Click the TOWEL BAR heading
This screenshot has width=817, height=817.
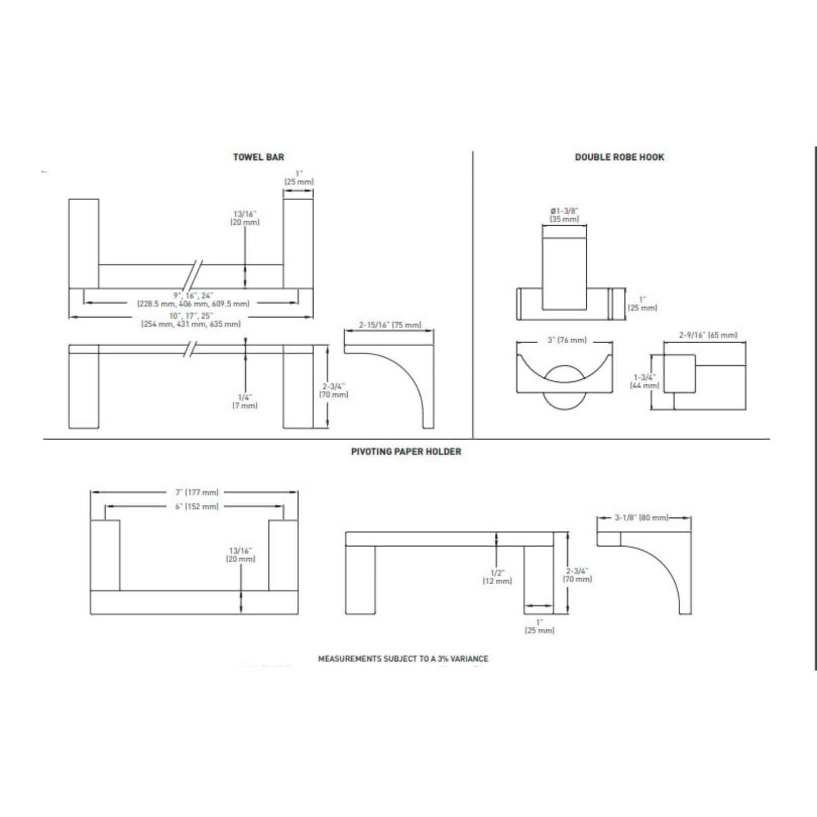coord(258,157)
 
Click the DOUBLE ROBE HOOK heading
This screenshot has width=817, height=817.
coord(619,157)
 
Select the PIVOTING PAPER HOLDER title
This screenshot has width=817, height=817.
coord(406,452)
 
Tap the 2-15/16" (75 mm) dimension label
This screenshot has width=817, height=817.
coord(390,325)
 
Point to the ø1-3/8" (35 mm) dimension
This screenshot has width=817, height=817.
coord(564,215)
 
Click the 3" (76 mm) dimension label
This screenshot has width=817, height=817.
coord(564,340)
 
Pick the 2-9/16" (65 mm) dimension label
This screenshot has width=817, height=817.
coord(708,335)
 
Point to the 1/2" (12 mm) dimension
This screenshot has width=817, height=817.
coord(497,576)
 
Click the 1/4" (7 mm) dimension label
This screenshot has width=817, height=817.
coord(245,401)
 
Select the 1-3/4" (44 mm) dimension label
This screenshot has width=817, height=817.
coord(644,381)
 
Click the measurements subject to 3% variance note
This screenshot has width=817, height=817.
coord(403,659)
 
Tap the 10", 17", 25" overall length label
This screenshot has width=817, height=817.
coord(191,320)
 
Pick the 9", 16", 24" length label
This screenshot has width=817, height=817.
coord(193,300)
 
